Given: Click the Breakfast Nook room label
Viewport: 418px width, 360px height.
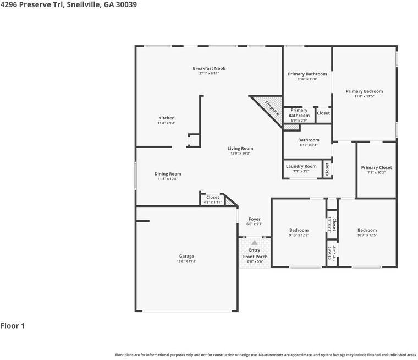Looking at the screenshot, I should tap(209, 69).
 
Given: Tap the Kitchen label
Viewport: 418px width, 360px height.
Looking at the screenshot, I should tap(167, 118).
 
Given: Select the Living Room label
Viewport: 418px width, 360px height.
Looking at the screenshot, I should tap(240, 148).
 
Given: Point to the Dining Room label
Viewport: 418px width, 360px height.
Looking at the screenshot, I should tap(168, 174).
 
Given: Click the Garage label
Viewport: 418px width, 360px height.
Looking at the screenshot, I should tap(186, 256).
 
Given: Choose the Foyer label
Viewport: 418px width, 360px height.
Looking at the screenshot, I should tap(255, 219).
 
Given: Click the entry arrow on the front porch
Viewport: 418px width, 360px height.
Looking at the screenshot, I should tap(255, 242).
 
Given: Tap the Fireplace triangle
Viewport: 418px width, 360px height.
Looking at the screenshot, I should tap(269, 106).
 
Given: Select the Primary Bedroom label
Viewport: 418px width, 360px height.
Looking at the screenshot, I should tap(364, 91).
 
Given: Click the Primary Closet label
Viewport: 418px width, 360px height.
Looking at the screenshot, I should tap(376, 168).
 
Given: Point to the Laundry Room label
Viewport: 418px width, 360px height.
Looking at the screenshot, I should tap(301, 166).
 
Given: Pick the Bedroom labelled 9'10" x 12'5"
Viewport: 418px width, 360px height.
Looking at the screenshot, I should tap(299, 230).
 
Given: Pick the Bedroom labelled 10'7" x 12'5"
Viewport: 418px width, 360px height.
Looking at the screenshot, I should tap(367, 230).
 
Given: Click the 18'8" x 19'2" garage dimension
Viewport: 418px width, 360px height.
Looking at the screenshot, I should tap(186, 261).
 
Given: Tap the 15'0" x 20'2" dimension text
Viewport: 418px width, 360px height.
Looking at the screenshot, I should tap(240, 154).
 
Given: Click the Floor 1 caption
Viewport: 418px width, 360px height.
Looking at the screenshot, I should tap(13, 326).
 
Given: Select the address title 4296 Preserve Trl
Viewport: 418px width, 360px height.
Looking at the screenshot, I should tap(69, 4).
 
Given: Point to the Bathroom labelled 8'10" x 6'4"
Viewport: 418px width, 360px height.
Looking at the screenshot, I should tap(309, 140).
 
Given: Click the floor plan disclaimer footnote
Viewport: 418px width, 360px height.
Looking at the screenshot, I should tap(266, 355).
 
